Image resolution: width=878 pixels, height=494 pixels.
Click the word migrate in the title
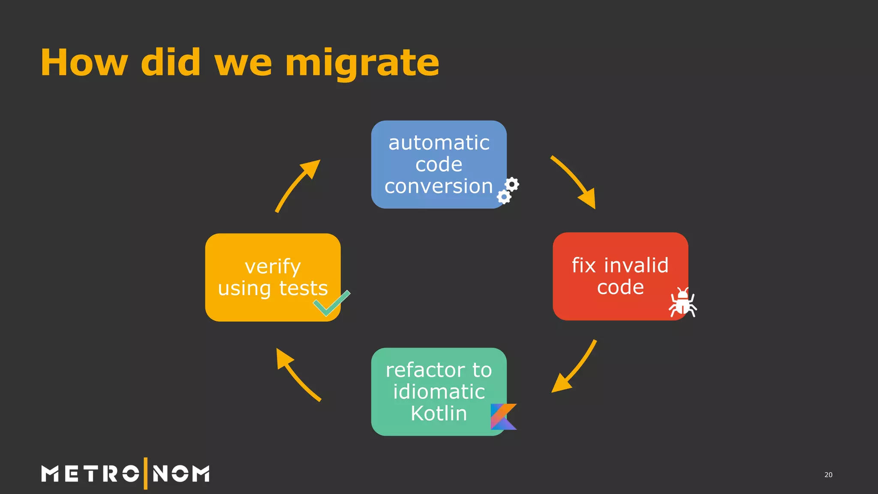362,63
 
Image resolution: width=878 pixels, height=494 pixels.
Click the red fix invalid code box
620,276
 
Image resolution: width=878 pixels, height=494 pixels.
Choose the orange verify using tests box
273,277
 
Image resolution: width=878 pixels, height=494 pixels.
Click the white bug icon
683,303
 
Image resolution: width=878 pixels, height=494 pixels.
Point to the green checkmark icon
331,304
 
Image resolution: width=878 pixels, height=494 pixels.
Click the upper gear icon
512,184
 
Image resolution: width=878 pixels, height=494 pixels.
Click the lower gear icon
504,197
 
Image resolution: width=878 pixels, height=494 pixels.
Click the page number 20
828,475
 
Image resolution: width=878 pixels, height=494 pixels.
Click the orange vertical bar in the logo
146,473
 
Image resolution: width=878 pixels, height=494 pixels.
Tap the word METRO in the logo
90,474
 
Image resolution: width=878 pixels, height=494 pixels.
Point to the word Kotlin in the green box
439,413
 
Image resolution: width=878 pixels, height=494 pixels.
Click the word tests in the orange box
304,288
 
